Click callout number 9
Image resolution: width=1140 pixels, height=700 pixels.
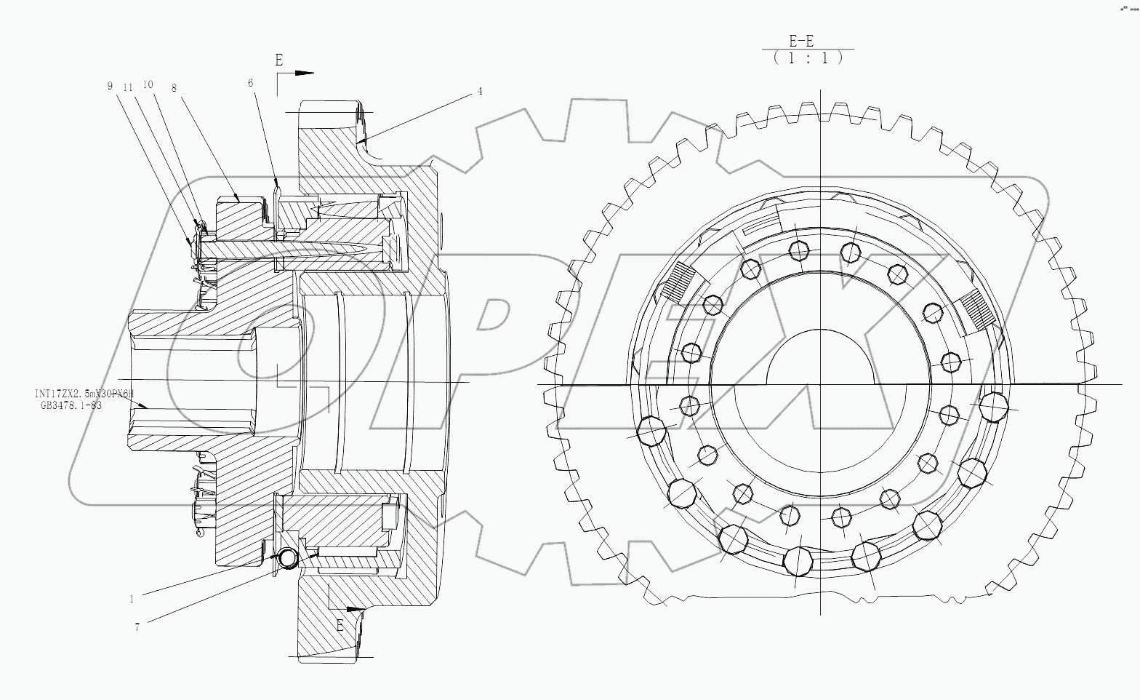coord(110,86)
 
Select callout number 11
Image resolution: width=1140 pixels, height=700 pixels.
coord(128,87)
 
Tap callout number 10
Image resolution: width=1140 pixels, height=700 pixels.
coord(148,84)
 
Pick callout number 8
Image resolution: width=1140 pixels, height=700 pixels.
coord(174,87)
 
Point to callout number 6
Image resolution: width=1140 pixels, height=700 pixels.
coord(251,83)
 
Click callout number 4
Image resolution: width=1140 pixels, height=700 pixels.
coord(480,92)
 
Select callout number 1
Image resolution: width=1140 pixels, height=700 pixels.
coord(132,600)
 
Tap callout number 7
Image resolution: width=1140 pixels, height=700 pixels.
coord(137,627)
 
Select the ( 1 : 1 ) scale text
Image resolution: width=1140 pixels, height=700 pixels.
coord(808,58)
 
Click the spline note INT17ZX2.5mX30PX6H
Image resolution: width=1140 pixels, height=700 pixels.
coord(84,394)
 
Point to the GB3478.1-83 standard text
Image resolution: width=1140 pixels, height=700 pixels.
coord(71,405)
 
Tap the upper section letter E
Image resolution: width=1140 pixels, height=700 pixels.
coord(278,60)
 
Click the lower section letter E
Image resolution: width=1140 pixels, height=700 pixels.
coord(339,624)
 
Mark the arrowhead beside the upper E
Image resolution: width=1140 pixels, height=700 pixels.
coord(305,73)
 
